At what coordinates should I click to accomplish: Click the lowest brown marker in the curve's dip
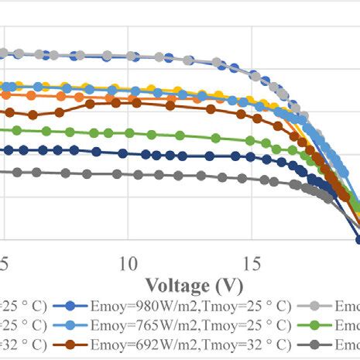point(33,115)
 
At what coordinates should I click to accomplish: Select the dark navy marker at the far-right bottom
point(358,239)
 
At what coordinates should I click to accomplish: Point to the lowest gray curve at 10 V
point(128,175)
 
